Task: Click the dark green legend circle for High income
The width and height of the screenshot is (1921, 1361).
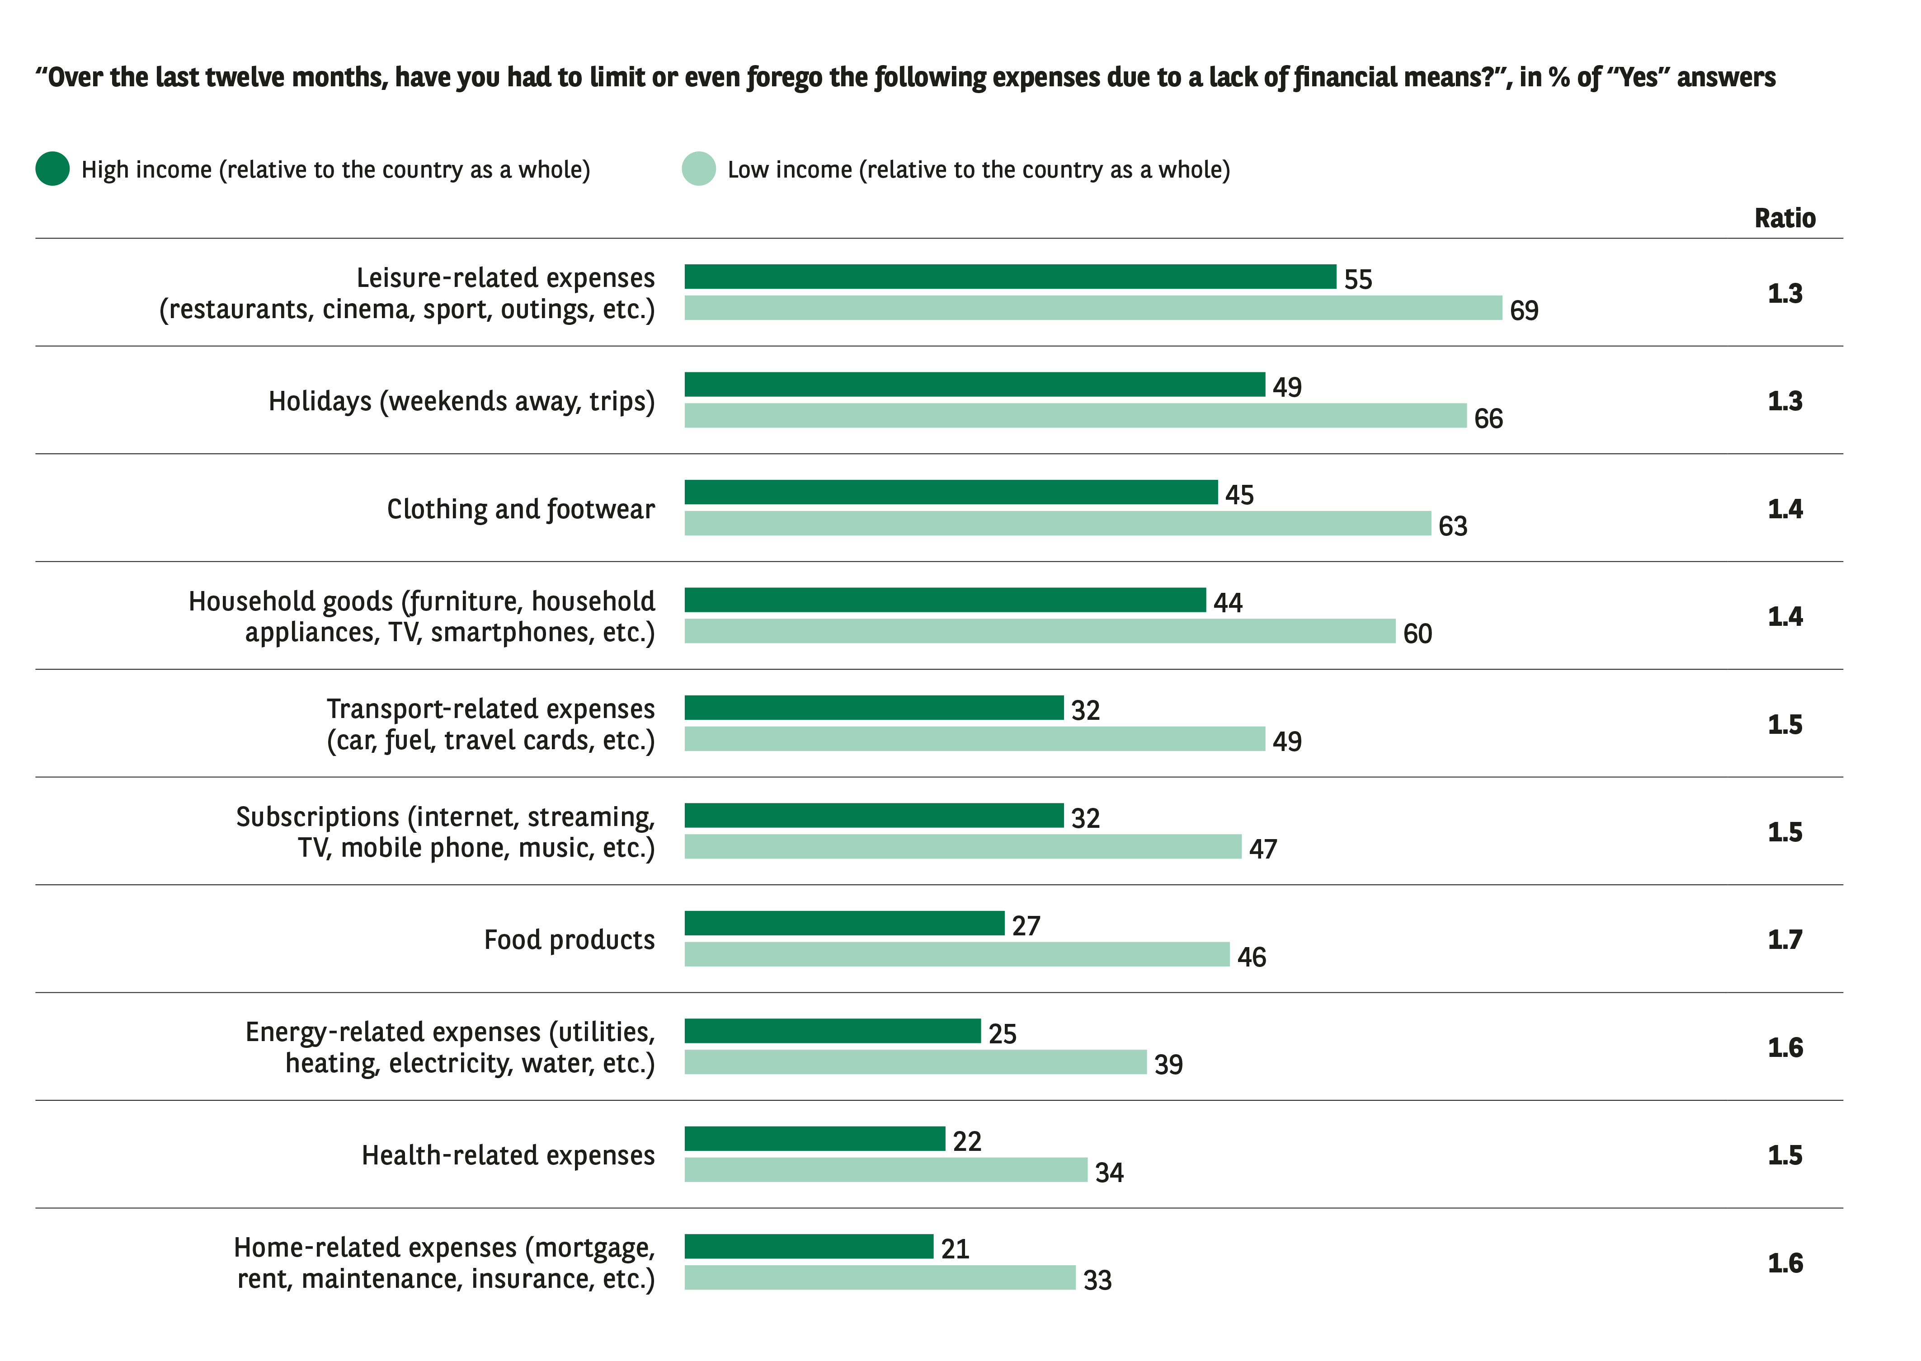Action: [x=52, y=169]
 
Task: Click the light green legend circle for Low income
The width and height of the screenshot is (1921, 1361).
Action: [x=698, y=169]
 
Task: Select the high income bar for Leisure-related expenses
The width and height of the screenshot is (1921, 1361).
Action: [x=1009, y=277]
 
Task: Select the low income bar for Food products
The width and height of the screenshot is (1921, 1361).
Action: [x=956, y=954]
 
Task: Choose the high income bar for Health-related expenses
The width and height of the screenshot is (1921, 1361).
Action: [x=814, y=1139]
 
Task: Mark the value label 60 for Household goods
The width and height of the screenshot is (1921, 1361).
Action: [x=1417, y=634]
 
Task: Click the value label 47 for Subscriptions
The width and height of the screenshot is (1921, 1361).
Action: [x=1262, y=849]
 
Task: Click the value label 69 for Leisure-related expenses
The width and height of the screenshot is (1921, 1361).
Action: [x=1524, y=311]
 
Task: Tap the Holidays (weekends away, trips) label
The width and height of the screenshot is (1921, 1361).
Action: [x=461, y=401]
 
